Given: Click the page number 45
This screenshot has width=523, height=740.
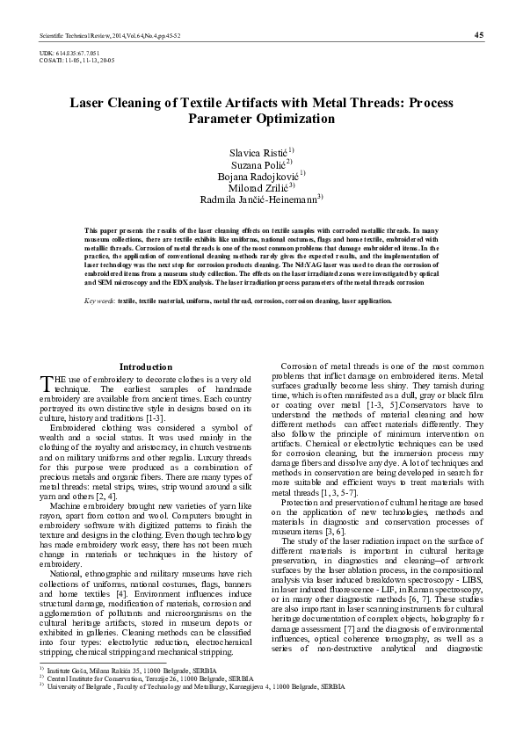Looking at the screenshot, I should click(x=478, y=34).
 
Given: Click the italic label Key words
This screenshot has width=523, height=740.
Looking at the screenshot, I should click(x=99, y=301).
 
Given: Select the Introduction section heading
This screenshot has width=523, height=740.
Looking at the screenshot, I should click(x=146, y=366).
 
